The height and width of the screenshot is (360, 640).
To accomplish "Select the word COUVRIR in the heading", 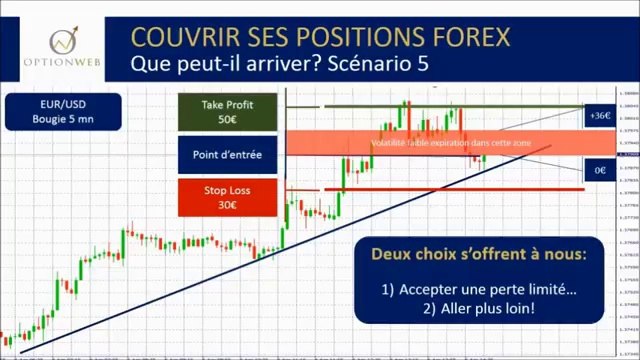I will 181,36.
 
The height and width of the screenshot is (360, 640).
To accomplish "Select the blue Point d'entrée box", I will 228,155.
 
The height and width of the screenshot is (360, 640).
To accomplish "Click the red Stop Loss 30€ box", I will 228,197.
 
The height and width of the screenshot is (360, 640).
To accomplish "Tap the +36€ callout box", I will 599,115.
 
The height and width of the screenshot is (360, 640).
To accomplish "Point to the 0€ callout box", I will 599,171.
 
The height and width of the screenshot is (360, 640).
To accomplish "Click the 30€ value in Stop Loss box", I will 228,206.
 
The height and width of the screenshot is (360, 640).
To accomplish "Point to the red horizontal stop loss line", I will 450,189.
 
